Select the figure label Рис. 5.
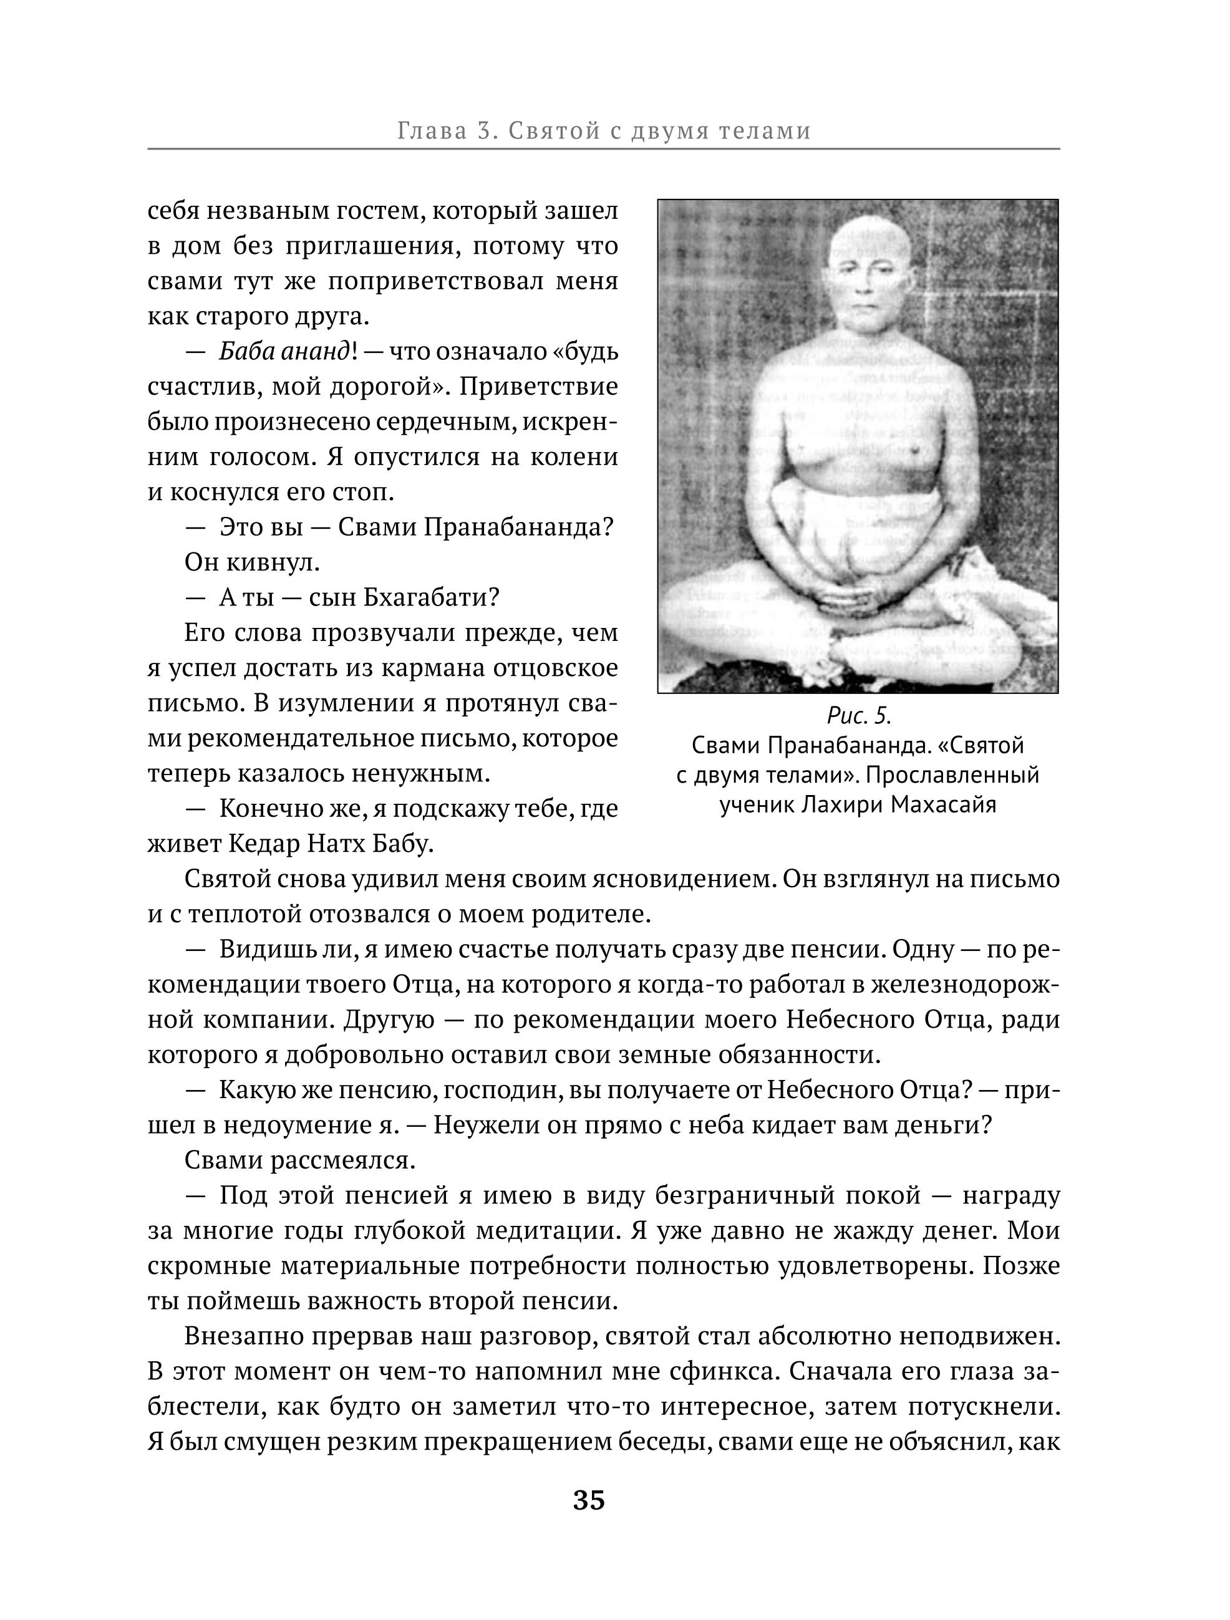point(859,714)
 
